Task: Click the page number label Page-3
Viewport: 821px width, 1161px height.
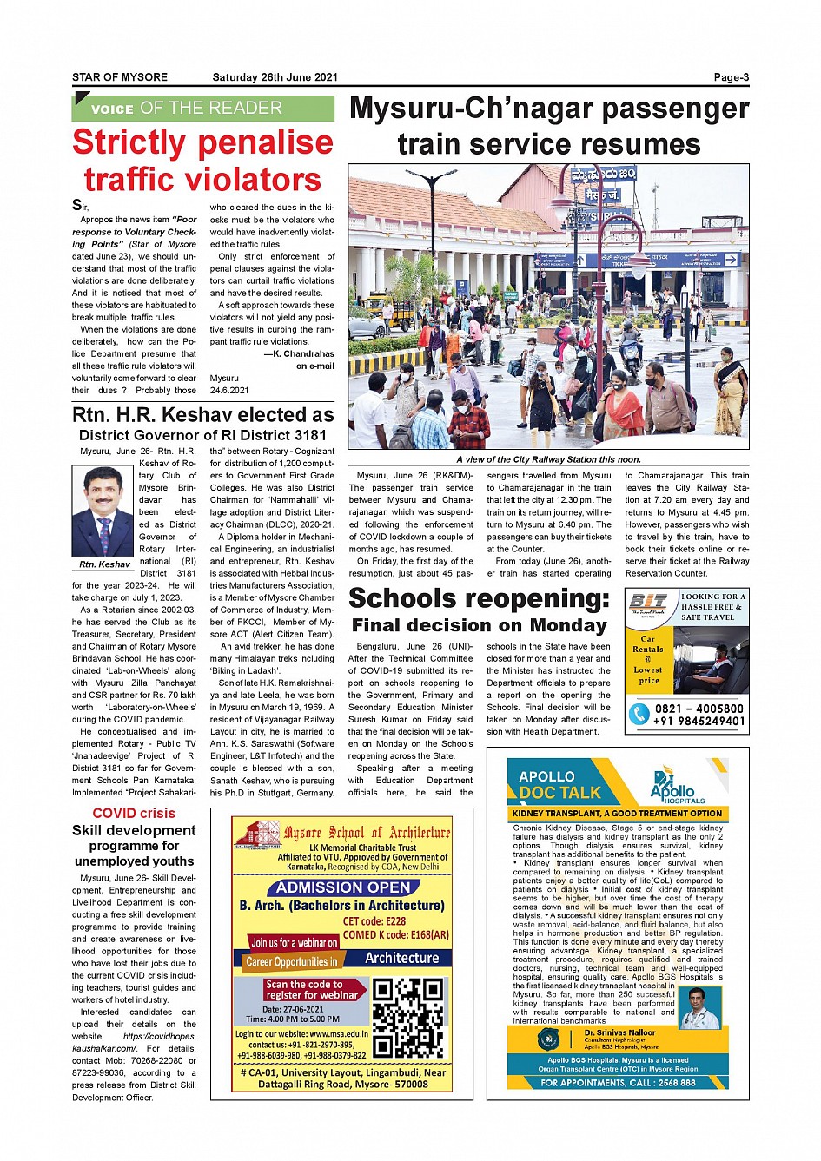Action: click(x=731, y=77)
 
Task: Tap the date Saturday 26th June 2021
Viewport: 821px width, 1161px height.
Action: click(x=275, y=77)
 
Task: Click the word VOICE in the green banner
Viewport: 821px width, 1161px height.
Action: click(x=112, y=109)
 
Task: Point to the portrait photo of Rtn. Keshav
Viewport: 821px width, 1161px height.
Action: click(x=103, y=512)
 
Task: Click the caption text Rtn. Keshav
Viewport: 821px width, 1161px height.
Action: click(x=104, y=564)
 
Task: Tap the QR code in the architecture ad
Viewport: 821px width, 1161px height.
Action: click(x=407, y=1018)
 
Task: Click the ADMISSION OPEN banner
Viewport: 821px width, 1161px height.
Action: click(x=343, y=887)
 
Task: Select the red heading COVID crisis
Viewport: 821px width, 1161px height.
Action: click(x=134, y=813)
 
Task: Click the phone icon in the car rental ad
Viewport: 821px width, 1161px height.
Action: click(x=639, y=714)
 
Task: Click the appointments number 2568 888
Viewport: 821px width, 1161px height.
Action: click(x=676, y=1083)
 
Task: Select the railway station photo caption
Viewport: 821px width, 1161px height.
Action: click(x=548, y=459)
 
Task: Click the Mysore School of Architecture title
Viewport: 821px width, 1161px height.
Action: click(x=367, y=832)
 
